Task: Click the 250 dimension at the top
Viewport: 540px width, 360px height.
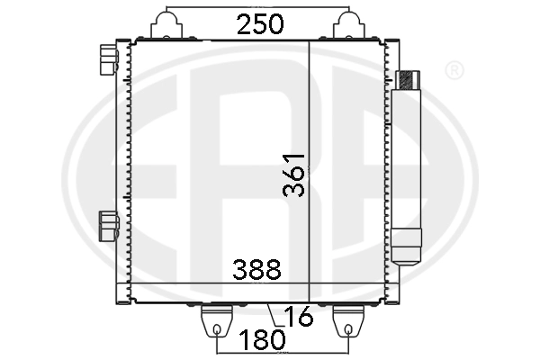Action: pos(260,24)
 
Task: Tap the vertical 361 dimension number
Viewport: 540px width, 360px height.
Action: pos(293,175)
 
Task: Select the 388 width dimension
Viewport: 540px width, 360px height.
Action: pos(256,269)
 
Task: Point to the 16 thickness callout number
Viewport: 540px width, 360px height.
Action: pos(299,316)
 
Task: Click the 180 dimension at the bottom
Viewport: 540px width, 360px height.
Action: pos(262,339)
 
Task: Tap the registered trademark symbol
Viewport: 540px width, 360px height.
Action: pos(454,70)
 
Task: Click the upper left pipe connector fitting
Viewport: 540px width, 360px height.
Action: pos(109,59)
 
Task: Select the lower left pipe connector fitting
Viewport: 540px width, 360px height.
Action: pos(109,226)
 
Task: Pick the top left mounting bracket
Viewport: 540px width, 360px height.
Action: pos(166,25)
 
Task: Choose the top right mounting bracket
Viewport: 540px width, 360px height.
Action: pos(349,25)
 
